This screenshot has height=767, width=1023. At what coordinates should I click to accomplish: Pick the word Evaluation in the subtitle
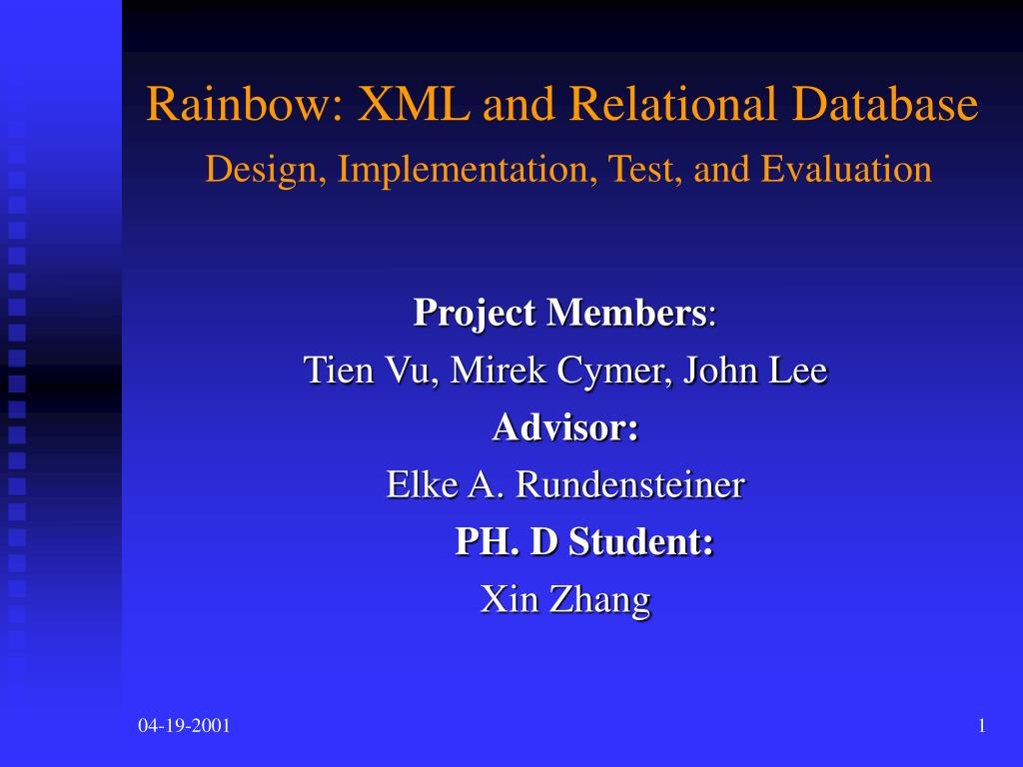(846, 170)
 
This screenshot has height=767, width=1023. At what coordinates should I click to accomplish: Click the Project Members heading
(560, 314)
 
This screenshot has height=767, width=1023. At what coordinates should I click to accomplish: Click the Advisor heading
(565, 428)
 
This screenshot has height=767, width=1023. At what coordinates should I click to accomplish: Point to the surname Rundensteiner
(629, 486)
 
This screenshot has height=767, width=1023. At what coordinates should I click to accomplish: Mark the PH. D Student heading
(584, 543)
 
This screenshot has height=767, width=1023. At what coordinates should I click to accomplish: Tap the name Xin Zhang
(565, 600)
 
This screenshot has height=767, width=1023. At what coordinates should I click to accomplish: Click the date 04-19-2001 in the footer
(184, 726)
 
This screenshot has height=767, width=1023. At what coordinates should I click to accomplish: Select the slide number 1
(982, 726)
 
